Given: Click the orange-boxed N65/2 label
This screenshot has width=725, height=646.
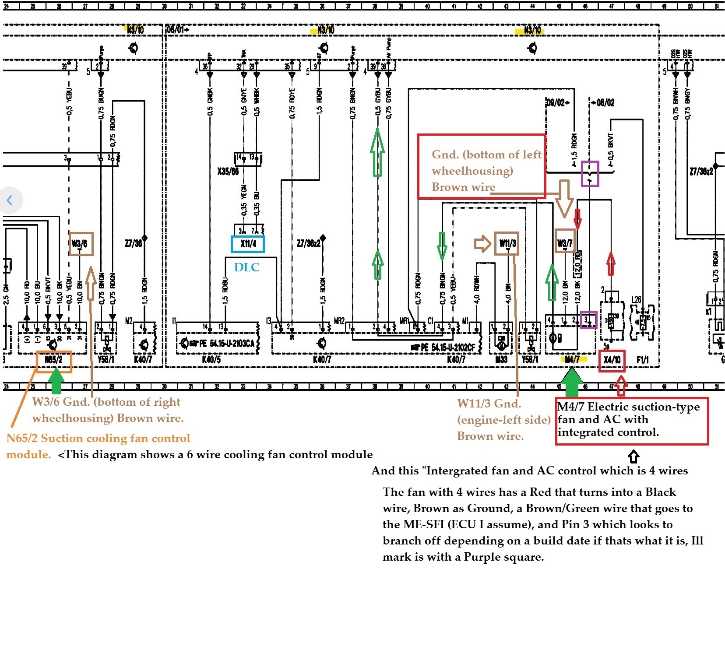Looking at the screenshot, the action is tap(54, 361).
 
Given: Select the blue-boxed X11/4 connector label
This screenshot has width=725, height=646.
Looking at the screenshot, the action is tap(248, 244).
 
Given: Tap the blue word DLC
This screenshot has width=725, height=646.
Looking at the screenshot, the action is tap(246, 267).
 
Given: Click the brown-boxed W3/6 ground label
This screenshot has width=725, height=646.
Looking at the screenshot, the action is tap(81, 244).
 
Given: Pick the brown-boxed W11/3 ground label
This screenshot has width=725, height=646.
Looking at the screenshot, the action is tap(507, 243).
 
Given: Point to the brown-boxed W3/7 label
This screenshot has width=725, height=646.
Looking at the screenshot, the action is tap(565, 243).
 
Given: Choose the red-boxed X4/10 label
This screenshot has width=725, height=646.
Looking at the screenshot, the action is tap(612, 360).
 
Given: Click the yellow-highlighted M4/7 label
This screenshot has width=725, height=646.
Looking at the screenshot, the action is tap(572, 360).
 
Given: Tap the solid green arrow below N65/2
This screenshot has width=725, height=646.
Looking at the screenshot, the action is tap(56, 381).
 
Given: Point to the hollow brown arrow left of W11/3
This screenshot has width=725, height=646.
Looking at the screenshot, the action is tap(482, 243).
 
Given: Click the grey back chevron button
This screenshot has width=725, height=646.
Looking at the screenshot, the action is tap(10, 200).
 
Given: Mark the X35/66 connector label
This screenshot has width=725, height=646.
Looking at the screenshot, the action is tap(228, 171).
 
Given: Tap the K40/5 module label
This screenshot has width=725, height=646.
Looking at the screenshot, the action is tap(211, 360).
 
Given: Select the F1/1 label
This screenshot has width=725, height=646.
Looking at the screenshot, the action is tap(643, 360).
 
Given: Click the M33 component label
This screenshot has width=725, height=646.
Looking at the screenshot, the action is tap(501, 360).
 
